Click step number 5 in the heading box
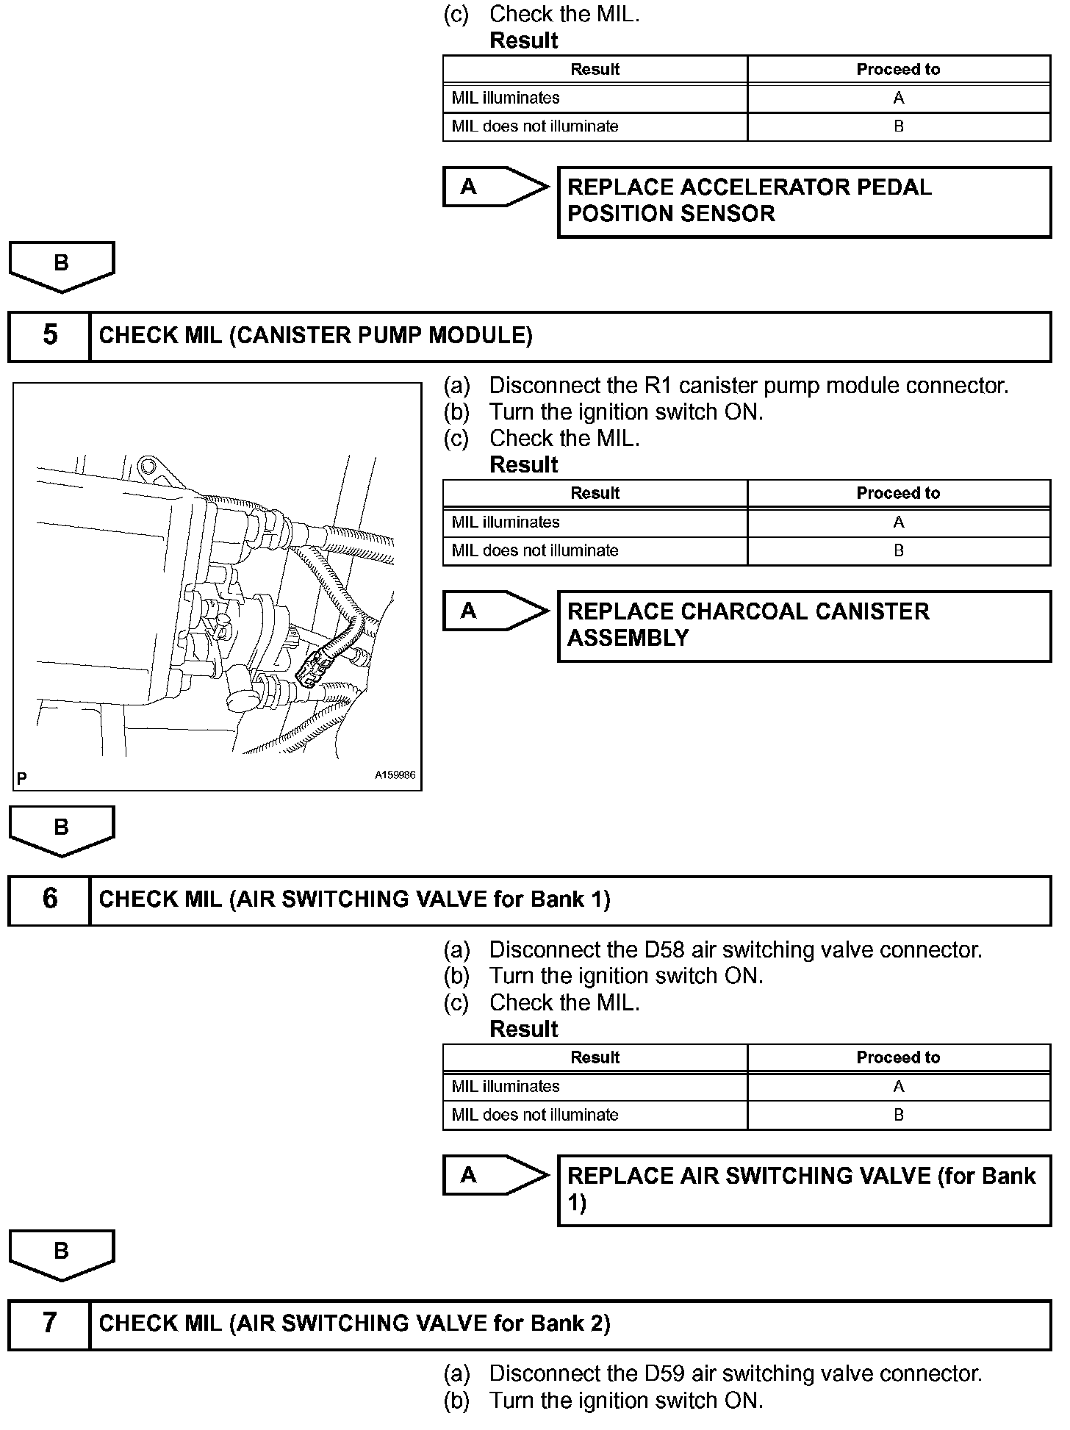point(49,335)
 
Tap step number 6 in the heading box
point(49,899)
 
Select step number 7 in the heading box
point(49,1323)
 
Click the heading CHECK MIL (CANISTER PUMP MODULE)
point(315,336)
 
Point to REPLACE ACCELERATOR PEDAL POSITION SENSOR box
point(804,201)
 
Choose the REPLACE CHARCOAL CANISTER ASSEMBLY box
point(804,625)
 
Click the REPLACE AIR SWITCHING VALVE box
point(804,1190)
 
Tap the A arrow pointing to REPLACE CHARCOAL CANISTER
point(495,611)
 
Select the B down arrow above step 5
point(62,265)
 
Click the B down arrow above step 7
point(62,1254)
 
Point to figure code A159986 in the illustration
point(395,775)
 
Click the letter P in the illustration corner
point(22,778)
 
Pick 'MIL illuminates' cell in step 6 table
point(595,1086)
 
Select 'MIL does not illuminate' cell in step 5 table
point(595,550)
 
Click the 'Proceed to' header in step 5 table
point(898,493)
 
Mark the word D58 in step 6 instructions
point(664,950)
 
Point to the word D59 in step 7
point(664,1373)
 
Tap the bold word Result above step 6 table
point(524,1029)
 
